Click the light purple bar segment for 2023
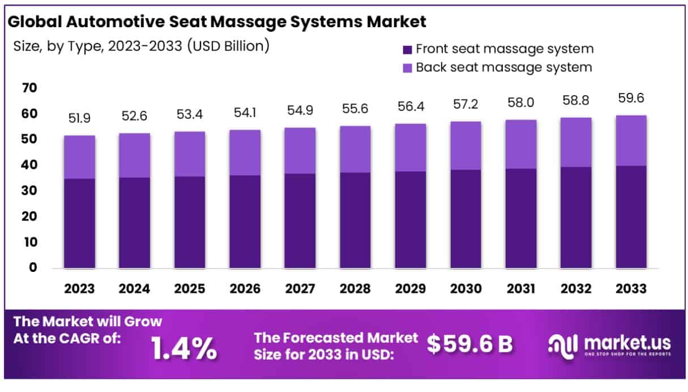(79, 157)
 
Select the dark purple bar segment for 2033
(631, 217)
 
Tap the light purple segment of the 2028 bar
(356, 149)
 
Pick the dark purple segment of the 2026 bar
(245, 221)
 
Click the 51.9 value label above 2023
(79, 118)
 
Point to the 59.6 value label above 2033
(631, 98)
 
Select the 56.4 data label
(411, 107)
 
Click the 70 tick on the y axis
(30, 88)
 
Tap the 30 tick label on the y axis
(30, 191)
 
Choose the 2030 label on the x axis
(465, 289)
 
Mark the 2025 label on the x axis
(190, 289)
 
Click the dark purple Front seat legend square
(407, 49)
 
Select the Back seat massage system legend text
(504, 67)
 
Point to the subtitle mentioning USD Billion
(140, 46)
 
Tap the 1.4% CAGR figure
(184, 349)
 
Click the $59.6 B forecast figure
(470, 344)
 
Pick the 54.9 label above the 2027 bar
(300, 111)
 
